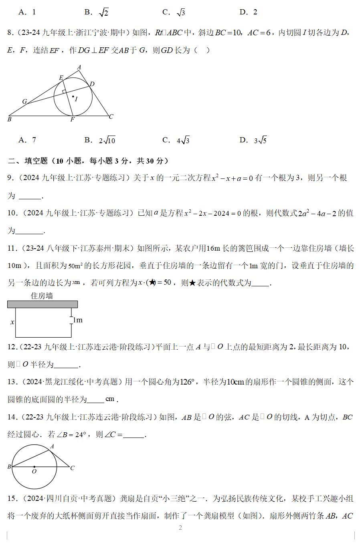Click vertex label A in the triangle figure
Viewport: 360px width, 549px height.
(79, 67)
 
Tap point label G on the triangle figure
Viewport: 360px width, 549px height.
(24, 102)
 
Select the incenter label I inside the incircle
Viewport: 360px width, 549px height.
(76, 99)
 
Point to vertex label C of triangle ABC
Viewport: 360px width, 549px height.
(111, 116)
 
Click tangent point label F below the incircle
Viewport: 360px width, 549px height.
(73, 120)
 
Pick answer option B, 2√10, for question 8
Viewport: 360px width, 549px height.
(100, 140)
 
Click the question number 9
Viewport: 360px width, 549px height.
(11, 178)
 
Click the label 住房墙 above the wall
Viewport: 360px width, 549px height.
(42, 296)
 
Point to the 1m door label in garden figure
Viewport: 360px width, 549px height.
(77, 320)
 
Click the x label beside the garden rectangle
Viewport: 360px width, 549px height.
(12, 322)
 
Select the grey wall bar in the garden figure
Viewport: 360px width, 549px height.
(42, 304)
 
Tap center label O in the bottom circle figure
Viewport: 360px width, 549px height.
(34, 472)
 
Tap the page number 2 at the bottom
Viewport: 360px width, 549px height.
(180, 528)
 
